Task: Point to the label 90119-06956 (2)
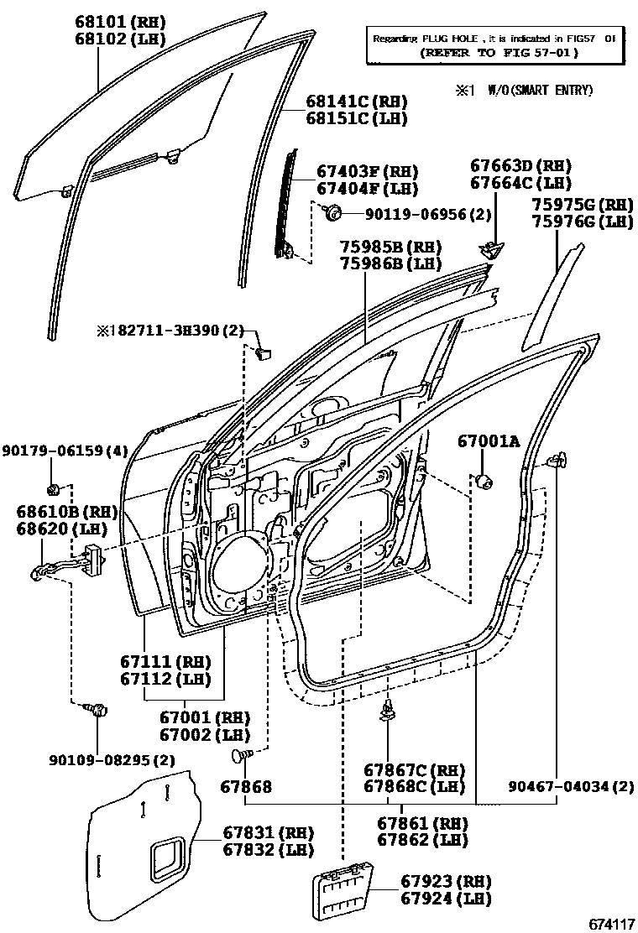416,214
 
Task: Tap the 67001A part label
489,440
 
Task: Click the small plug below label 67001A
484,481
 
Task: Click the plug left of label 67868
240,758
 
